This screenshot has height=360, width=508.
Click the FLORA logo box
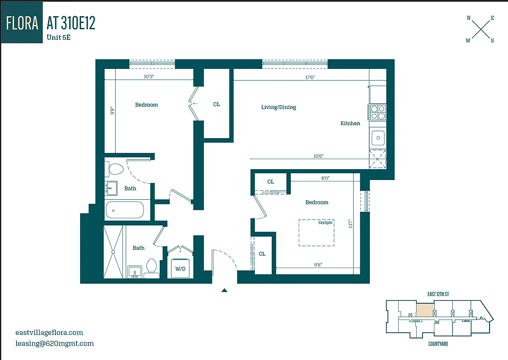coord(22,22)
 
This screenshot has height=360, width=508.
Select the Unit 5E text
coord(58,38)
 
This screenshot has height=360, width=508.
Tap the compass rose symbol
coord(481,29)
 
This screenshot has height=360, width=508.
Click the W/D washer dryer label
coord(180,269)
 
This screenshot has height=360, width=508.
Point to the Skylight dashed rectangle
coord(317,232)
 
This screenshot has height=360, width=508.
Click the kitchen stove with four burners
coord(377,112)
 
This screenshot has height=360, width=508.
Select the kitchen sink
coord(378,138)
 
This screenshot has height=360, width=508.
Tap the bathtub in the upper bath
coord(125,210)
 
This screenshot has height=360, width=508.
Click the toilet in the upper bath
coord(115,170)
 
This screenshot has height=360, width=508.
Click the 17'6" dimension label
coord(310,77)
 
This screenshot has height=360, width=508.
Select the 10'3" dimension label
coord(149,77)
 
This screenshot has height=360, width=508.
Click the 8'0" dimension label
coord(325,178)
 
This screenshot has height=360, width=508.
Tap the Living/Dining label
coord(279,107)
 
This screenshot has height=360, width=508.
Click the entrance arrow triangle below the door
coord(224,291)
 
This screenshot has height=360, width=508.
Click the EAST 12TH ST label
coord(438,294)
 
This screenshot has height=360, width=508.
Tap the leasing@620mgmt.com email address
coord(54,343)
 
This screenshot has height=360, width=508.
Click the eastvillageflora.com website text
coord(49,333)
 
